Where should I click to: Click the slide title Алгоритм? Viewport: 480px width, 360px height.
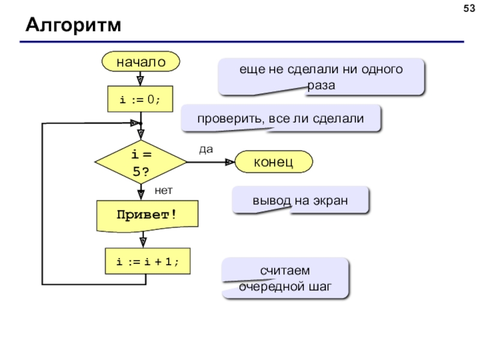coord(73,25)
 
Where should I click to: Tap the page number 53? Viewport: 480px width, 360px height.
coord(469,8)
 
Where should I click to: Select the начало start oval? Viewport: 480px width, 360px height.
coord(140,62)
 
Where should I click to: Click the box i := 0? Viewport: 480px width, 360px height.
coord(140,99)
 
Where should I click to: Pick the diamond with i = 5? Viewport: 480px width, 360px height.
coord(141,162)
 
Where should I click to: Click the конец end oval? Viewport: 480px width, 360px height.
coord(274,161)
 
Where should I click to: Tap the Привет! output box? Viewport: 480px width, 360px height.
coord(147,215)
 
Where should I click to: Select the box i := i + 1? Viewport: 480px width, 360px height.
coord(148,261)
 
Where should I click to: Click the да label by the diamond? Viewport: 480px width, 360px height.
coord(206,149)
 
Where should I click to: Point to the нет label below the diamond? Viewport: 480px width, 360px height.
coord(163,190)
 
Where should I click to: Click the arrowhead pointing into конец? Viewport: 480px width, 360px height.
coord(230,162)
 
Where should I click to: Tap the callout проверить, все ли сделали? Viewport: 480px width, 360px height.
coord(281,118)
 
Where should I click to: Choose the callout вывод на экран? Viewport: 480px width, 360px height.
coord(301,200)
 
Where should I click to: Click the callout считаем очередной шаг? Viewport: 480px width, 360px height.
coord(286,278)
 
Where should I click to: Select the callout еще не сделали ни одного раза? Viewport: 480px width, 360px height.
coord(321,77)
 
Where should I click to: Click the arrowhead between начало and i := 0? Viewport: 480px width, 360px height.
coord(140,81)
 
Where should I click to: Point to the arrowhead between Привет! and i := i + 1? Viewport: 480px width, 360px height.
coord(143,242)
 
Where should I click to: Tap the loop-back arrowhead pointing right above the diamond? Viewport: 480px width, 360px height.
coord(135,123)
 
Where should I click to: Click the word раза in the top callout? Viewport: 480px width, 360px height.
coord(321,86)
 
